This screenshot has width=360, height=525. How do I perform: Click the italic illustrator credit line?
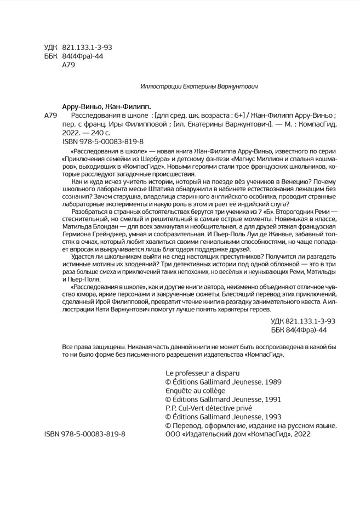pyautogui.click(x=198, y=87)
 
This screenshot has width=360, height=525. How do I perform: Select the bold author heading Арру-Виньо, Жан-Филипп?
pyautogui.click(x=106, y=107)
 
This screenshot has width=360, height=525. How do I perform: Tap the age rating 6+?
pyautogui.click(x=239, y=116)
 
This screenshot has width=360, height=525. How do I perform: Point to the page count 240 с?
pyautogui.click(x=99, y=133)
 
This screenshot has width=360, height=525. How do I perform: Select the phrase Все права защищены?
pyautogui.click(x=95, y=347)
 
